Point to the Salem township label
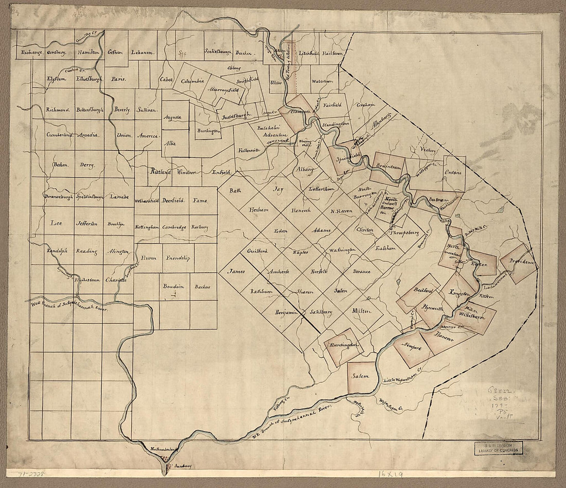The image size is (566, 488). (361, 376)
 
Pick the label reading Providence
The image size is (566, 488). (521, 262)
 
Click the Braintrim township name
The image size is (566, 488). (387, 161)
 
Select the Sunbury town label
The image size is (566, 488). (182, 465)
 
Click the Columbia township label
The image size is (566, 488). (192, 81)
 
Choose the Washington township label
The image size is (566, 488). (342, 250)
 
